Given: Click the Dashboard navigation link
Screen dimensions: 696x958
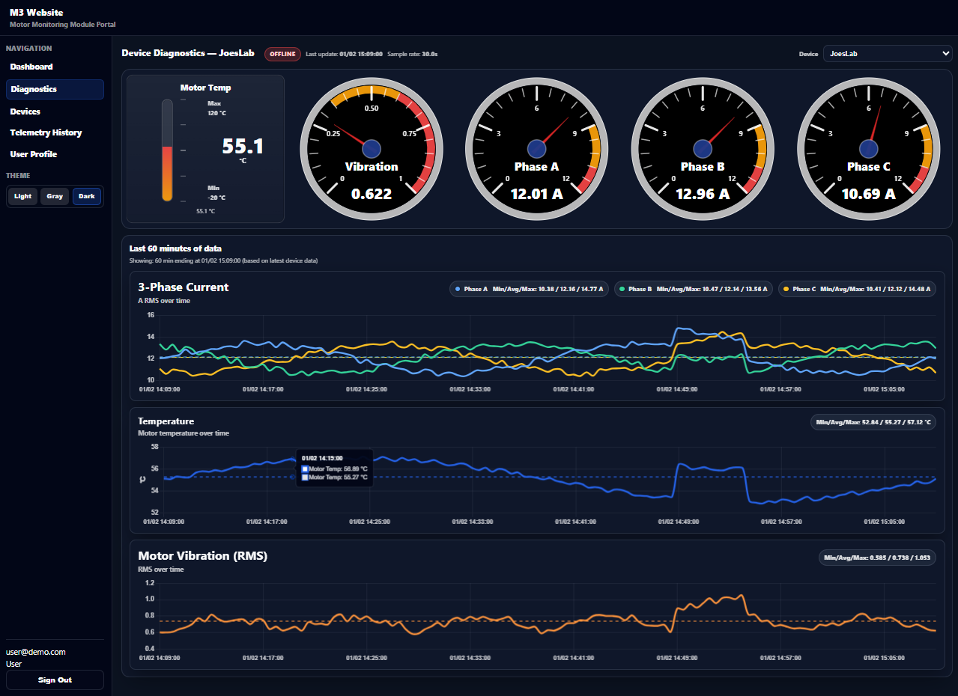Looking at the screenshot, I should tap(31, 67).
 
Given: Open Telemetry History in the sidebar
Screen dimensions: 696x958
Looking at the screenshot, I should tap(46, 132).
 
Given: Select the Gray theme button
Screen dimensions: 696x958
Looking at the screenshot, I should tap(55, 196).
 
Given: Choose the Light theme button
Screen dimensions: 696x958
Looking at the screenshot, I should tap(22, 196).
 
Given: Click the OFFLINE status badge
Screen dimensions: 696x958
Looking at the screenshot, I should tap(282, 54).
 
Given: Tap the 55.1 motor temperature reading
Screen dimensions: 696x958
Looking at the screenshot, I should tap(243, 146).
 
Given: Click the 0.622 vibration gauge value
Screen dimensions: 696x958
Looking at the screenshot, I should tap(372, 194).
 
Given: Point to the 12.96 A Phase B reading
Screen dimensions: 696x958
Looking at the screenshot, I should tap(703, 194).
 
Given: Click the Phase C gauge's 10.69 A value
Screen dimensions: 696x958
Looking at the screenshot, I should tap(868, 194).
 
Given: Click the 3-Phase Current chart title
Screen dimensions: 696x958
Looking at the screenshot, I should tap(184, 287).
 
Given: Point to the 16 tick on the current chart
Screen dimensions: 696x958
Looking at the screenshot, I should tap(150, 315).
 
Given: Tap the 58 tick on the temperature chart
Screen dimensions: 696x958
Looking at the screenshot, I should tap(154, 447).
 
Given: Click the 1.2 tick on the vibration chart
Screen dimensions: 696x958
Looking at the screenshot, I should tap(149, 583).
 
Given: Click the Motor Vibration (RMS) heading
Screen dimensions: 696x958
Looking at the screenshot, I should tap(203, 556).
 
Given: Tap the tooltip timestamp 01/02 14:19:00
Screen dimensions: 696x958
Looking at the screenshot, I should tap(321, 457).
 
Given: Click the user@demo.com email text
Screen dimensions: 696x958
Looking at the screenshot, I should tap(36, 652).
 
